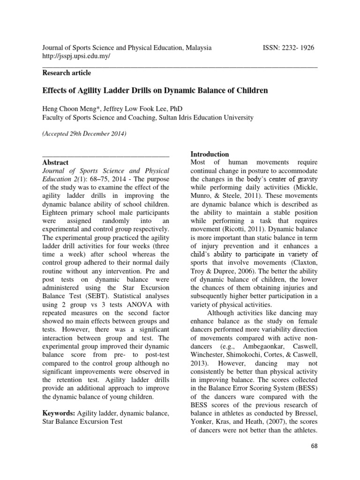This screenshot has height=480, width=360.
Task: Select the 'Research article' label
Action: click(x=67, y=73)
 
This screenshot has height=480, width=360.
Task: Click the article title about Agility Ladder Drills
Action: click(x=155, y=90)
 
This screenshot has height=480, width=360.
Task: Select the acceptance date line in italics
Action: click(x=84, y=134)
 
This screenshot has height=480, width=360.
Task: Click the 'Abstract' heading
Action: click(x=55, y=162)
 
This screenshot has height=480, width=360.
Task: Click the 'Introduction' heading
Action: click(x=210, y=154)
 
